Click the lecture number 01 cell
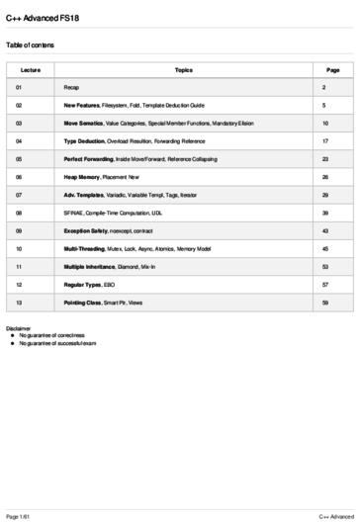(x=19, y=88)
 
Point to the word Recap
(x=72, y=88)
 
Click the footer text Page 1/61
(x=19, y=516)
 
